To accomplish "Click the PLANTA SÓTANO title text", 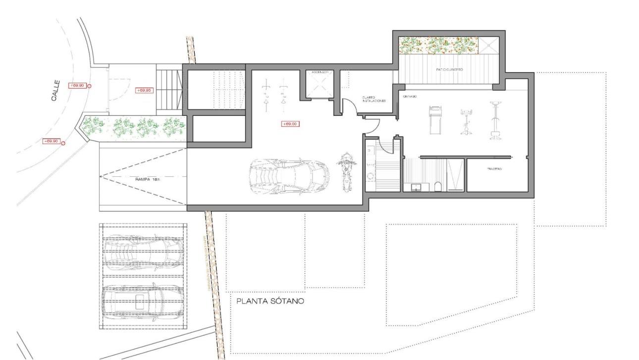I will coord(270,301).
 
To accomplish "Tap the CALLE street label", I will coord(55,91).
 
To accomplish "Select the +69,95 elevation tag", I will coord(145,91).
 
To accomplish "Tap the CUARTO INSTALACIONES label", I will coord(373,99).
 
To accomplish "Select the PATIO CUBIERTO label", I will coord(449,70).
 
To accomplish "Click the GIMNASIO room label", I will coord(409,96).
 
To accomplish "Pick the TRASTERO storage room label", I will coord(494,169).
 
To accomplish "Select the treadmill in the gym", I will coord(434,119).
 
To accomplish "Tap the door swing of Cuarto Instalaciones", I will coord(349,106).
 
